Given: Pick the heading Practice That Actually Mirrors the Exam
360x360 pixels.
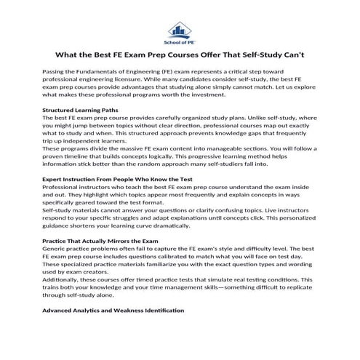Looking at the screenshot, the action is coord(100,240).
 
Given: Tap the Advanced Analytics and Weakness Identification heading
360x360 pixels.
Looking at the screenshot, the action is coord(113,310).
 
